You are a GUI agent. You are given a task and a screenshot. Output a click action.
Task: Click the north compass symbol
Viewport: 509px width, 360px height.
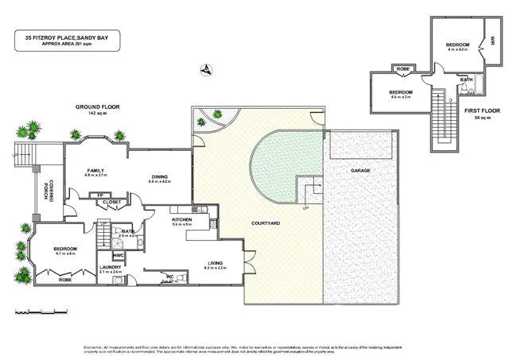pos(207,70)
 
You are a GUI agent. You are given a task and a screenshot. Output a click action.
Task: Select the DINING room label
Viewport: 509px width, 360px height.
pos(160,177)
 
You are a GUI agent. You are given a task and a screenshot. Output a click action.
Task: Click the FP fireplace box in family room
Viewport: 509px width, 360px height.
pos(100,195)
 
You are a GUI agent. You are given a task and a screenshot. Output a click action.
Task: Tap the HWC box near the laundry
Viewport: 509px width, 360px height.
pos(119,255)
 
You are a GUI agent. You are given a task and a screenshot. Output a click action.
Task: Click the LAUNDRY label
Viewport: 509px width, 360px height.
pos(110,268)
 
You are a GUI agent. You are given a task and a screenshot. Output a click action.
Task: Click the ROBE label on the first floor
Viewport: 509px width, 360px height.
pos(403,70)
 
